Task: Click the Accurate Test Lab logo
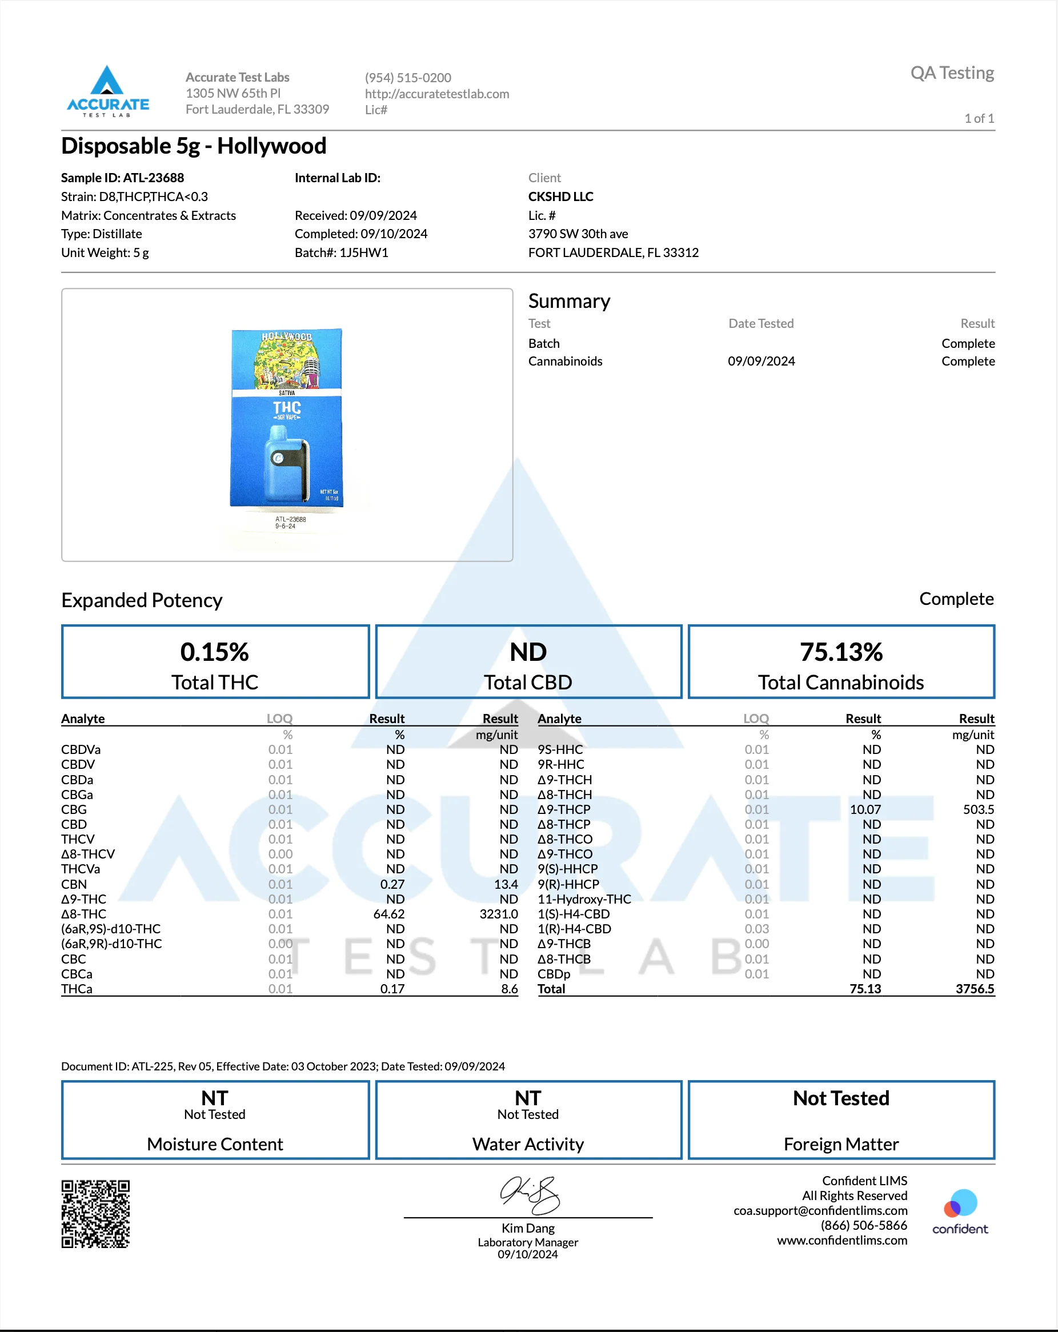pyautogui.click(x=107, y=91)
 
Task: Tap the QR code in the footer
pyautogui.click(x=95, y=1214)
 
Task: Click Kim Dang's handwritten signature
pyautogui.click(x=530, y=1194)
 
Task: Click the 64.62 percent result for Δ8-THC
pyautogui.click(x=388, y=914)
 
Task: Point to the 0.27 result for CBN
pyautogui.click(x=392, y=884)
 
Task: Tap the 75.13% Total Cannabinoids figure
pyautogui.click(x=841, y=652)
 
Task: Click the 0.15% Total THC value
pyautogui.click(x=214, y=652)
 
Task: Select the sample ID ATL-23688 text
pyautogui.click(x=153, y=178)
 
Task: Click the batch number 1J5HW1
pyautogui.click(x=363, y=252)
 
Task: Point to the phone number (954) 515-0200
pyautogui.click(x=408, y=78)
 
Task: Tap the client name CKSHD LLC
pyautogui.click(x=560, y=196)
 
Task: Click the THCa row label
pyautogui.click(x=77, y=989)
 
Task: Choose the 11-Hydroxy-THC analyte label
pyautogui.click(x=584, y=899)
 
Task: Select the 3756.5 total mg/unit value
pyautogui.click(x=975, y=989)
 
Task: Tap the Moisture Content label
pyautogui.click(x=215, y=1144)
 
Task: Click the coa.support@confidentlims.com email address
pyautogui.click(x=820, y=1210)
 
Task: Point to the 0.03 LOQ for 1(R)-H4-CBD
pyautogui.click(x=756, y=929)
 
